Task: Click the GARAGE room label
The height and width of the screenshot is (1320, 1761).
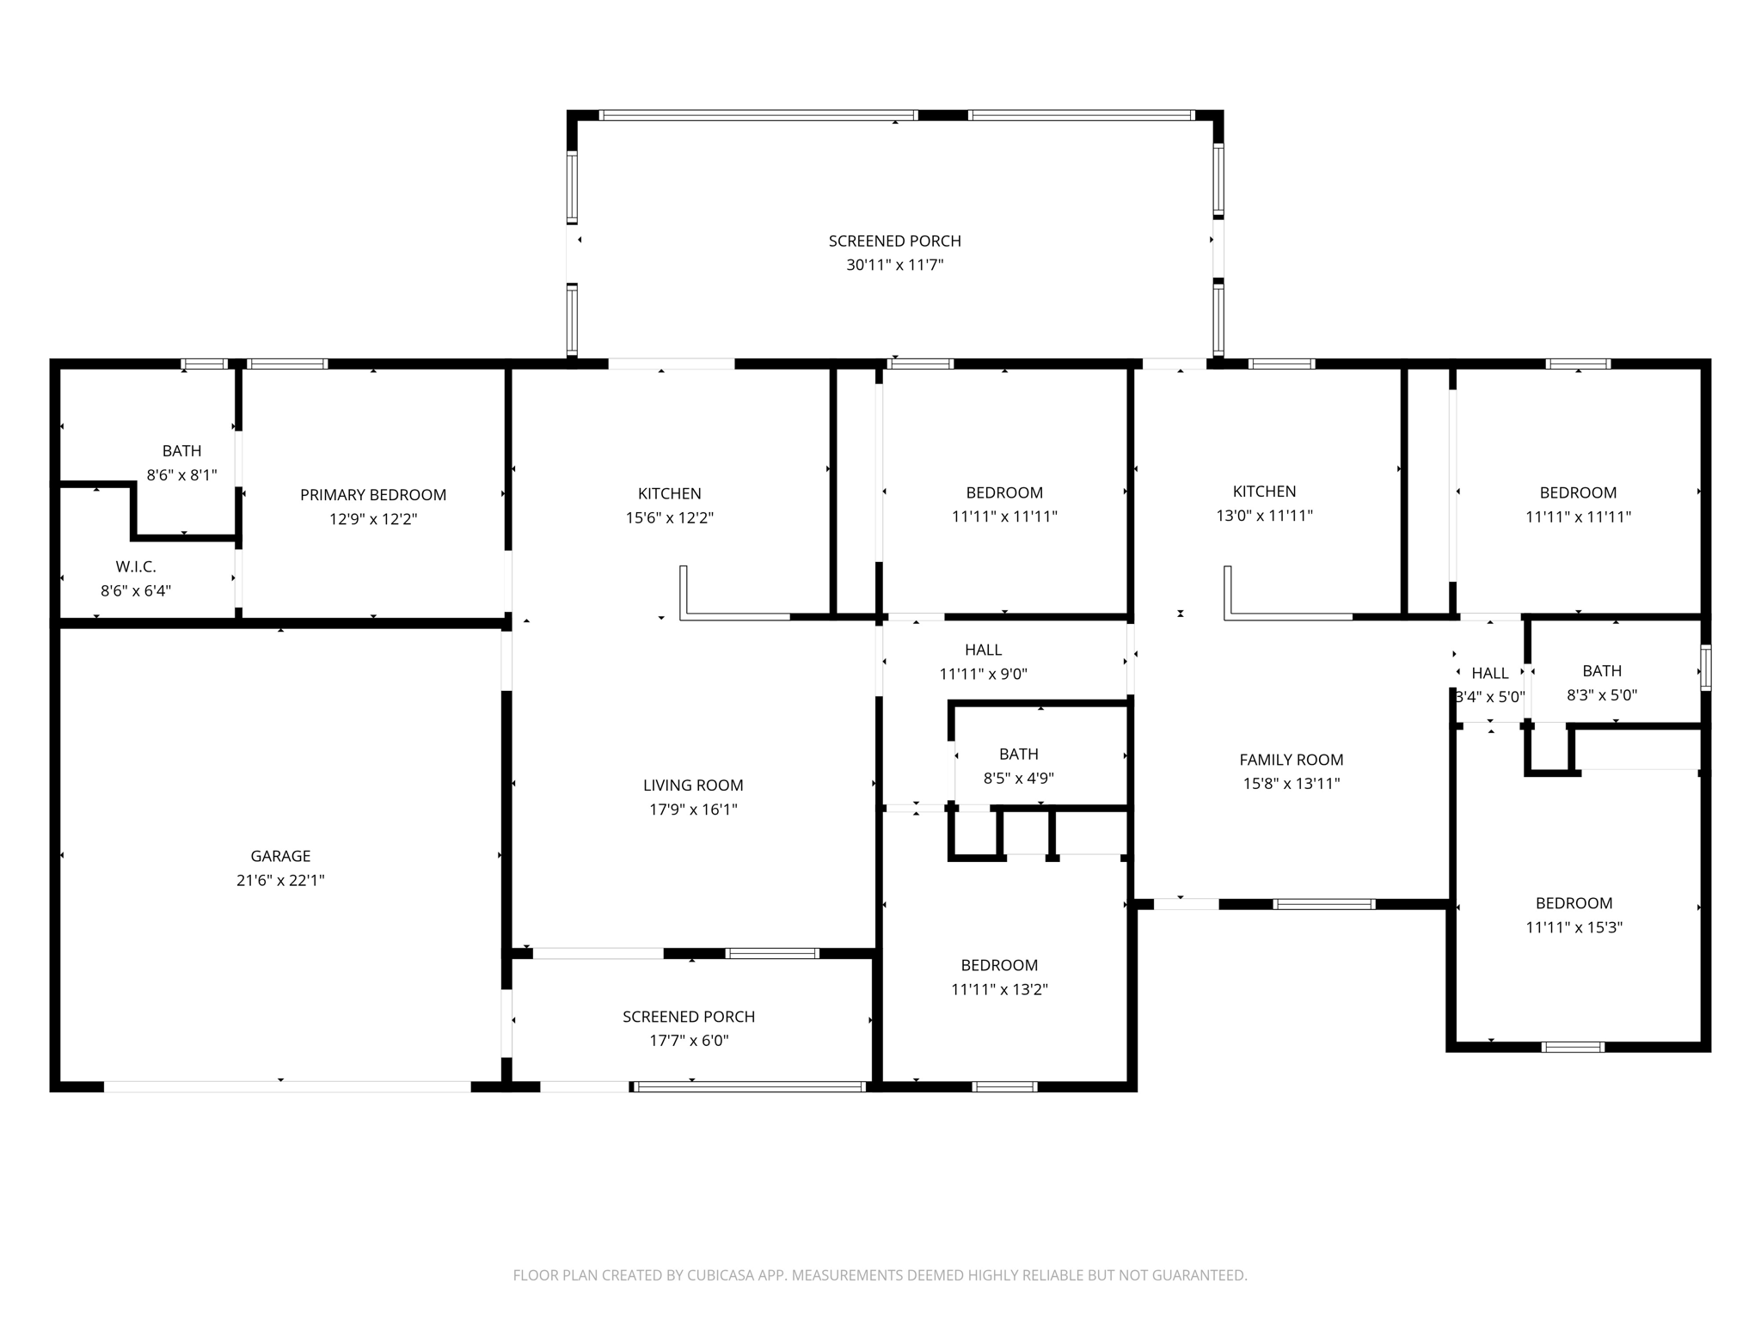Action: [x=280, y=856]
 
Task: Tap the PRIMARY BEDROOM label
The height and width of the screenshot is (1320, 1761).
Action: [x=373, y=495]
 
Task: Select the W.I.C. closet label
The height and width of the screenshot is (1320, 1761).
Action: [x=136, y=567]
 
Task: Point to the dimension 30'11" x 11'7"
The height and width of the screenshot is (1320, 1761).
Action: [x=894, y=266]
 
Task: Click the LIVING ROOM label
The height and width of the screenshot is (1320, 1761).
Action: [x=693, y=785]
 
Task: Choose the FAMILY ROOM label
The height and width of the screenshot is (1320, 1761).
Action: [x=1291, y=760]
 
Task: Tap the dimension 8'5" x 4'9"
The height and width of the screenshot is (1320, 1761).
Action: [x=1018, y=779]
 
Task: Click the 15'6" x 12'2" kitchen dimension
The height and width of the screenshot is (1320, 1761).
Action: [x=669, y=518]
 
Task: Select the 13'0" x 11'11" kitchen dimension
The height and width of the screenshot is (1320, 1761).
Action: [x=1264, y=516]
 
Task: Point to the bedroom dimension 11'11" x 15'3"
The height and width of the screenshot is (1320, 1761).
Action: [x=1574, y=927]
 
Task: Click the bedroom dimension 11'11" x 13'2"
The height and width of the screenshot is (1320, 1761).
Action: [x=999, y=989]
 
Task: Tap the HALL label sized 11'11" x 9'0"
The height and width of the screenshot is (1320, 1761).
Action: [x=983, y=651]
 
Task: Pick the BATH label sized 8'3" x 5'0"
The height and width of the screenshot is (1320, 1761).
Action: [x=1602, y=671]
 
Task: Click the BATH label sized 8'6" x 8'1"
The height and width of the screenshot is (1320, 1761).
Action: [x=181, y=451]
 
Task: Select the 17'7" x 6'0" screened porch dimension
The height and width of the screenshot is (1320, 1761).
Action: [x=689, y=1041]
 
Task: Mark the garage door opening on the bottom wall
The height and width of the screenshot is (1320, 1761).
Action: [x=287, y=1087]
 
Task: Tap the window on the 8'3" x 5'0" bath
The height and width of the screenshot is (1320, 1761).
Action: [x=1706, y=668]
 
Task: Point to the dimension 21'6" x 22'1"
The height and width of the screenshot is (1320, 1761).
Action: [x=280, y=880]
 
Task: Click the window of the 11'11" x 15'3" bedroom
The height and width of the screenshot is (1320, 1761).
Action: [x=1572, y=1047]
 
